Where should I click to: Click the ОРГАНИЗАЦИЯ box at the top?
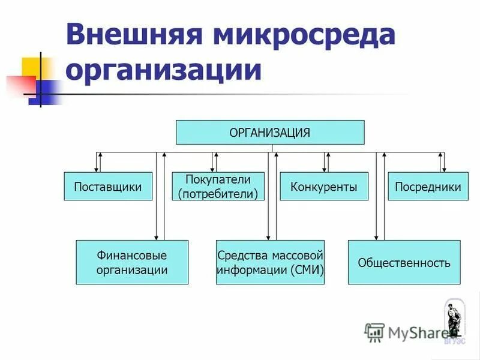coord(269,132)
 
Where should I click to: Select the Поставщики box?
coord(108,187)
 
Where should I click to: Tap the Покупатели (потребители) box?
coord(218,187)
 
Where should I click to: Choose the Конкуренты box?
coord(324,187)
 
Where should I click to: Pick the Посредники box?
coord(428,187)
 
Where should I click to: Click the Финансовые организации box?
coord(132,262)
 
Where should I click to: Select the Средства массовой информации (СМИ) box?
coord(270,262)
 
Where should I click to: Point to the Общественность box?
coord(404,262)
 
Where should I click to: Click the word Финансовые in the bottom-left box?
coord(132,255)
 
